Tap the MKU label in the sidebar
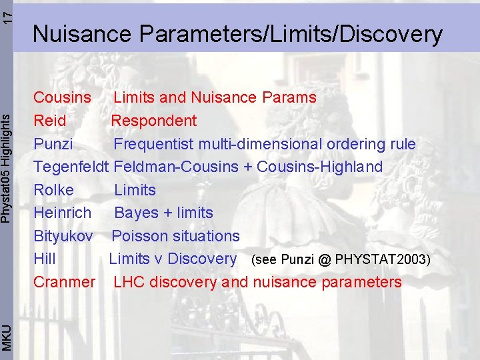[7, 336]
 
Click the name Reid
[50, 121]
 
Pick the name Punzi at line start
[53, 144]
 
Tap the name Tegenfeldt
[73, 167]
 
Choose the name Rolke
[54, 190]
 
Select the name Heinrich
[63, 213]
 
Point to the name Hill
[45, 259]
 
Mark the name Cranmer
[65, 282]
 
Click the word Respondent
[154, 121]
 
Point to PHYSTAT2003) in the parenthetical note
[383, 259]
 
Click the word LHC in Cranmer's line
[129, 282]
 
